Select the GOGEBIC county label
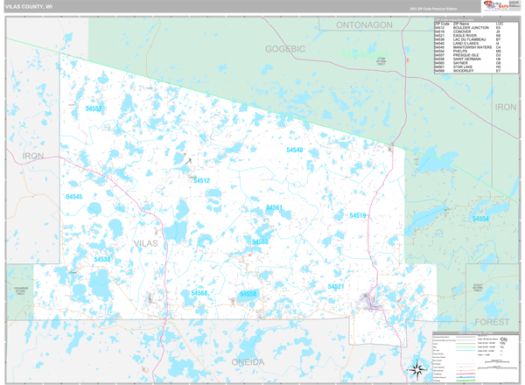[x=285, y=49]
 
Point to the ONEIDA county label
[x=248, y=362]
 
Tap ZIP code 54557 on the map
[x=94, y=108]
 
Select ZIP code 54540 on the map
[x=295, y=150]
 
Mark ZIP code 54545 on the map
[x=73, y=197]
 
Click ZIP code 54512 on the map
[x=202, y=180]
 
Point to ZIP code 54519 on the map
[x=358, y=215]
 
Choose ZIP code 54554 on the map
[x=480, y=218]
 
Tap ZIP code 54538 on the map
[x=102, y=259]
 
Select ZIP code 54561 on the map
[x=274, y=208]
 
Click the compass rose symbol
[x=415, y=367]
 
